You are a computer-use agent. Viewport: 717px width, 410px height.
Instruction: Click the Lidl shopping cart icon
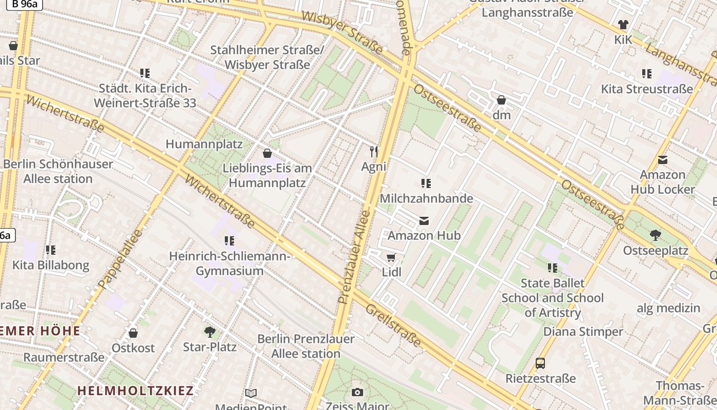tap(391, 257)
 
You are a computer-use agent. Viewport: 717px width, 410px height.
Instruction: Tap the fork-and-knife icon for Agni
tap(374, 151)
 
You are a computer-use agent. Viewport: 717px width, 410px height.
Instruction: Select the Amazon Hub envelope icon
tap(424, 221)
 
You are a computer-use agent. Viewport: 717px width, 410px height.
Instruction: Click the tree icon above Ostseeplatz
tap(655, 235)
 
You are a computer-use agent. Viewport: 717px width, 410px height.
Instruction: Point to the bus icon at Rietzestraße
tap(540, 363)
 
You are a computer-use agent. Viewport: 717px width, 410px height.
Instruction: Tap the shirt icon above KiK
tap(623, 24)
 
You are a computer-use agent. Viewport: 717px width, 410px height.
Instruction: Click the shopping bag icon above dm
tap(501, 100)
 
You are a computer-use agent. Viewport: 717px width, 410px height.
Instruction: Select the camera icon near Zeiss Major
tap(357, 393)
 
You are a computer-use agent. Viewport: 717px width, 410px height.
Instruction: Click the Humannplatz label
tap(204, 144)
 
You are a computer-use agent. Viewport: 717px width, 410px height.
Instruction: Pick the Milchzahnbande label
tap(427, 198)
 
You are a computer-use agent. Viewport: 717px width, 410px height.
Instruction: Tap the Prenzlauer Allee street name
tap(354, 256)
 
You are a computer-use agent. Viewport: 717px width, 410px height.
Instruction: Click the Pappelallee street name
tap(119, 259)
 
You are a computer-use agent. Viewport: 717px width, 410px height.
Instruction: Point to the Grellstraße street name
tap(393, 325)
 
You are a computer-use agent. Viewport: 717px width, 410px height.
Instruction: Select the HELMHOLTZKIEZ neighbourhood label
tap(136, 391)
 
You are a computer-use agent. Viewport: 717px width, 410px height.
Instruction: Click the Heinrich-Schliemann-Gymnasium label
tap(230, 263)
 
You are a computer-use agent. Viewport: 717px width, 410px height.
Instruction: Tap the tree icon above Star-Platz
tap(209, 332)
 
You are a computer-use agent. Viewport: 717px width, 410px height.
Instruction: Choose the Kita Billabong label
tap(51, 265)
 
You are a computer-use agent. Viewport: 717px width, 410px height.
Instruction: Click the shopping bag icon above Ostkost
tap(133, 333)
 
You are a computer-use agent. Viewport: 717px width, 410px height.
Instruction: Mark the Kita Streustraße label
tap(647, 89)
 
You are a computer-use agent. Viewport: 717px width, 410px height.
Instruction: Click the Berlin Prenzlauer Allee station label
tap(306, 346)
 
